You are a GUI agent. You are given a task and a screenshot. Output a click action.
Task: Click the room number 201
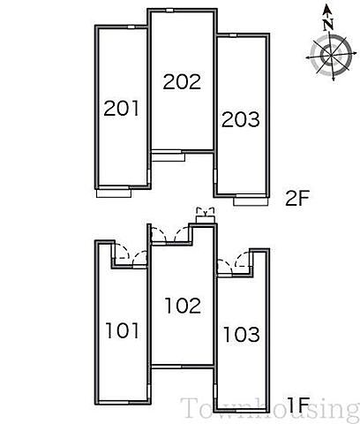click(x=121, y=108)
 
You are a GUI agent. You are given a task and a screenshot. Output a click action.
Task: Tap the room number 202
click(x=182, y=81)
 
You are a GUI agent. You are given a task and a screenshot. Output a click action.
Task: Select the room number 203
click(x=241, y=119)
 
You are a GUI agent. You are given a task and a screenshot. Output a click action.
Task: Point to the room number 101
click(x=122, y=330)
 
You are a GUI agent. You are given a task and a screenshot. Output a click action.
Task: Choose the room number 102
click(x=183, y=306)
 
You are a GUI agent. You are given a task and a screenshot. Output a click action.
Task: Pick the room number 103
click(x=242, y=334)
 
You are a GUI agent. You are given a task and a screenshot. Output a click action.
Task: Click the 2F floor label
click(x=297, y=198)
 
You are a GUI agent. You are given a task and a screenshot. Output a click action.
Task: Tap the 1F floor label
click(x=298, y=405)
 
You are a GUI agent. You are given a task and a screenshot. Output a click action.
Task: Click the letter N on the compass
click(x=328, y=25)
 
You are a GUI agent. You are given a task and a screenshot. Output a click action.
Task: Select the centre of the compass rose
click(x=331, y=55)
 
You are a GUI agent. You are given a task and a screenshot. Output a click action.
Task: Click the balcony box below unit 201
click(x=114, y=193)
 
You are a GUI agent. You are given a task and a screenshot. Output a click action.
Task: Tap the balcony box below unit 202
click(x=169, y=157)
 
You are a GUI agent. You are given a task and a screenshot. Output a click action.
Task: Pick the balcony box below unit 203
click(x=251, y=201)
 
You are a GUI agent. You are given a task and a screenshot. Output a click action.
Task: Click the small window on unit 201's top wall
click(x=131, y=27)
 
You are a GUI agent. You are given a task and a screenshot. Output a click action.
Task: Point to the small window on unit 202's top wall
click(x=169, y=11)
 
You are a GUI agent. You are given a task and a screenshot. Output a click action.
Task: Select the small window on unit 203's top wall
click(x=233, y=35)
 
